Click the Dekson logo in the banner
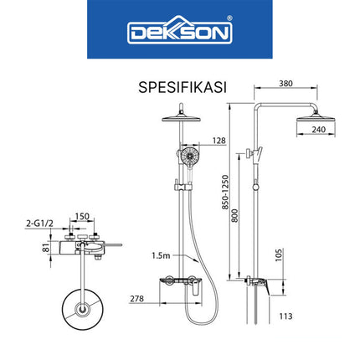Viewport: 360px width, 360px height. click(179, 33)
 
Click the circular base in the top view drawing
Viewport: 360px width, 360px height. click(80, 311)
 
